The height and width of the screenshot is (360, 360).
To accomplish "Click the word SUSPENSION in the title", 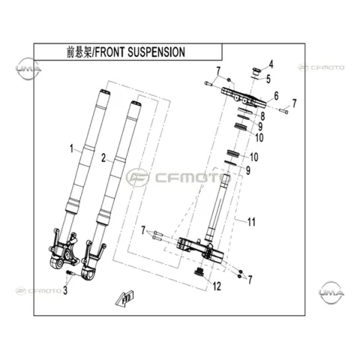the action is pos(156,52).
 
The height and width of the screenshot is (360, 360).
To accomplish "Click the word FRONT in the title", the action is pos(109,52).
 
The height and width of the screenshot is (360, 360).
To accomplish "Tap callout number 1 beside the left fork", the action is pos(72,148).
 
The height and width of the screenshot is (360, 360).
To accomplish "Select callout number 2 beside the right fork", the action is pos(103,158).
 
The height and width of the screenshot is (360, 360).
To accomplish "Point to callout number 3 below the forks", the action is pos(65,290).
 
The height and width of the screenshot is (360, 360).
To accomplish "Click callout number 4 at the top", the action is pos(271,64).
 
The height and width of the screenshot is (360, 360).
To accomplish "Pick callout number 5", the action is pos(268,79).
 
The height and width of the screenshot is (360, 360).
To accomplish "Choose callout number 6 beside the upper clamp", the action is pos(276,96).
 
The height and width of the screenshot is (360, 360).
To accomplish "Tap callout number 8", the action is pos(262,116).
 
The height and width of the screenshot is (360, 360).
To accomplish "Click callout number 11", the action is pos(251,222).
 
